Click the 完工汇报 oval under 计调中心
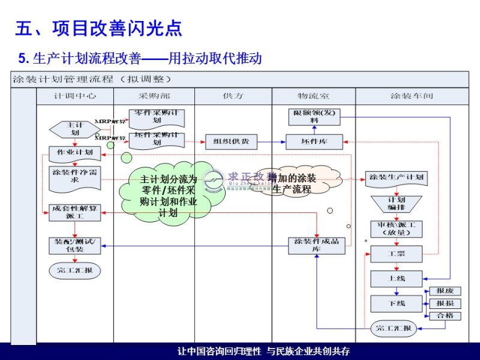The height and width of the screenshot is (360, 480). click(74, 271)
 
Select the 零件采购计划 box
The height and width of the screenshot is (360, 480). click(157, 116)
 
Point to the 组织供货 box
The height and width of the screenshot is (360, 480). click(231, 142)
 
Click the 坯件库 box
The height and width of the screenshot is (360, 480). click(314, 142)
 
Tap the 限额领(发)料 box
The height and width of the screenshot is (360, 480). click(314, 116)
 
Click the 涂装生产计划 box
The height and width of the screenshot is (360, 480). click(397, 178)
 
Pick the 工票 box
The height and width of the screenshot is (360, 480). click(397, 254)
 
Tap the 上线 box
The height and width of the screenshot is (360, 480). click(397, 279)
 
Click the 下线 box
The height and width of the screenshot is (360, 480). click(397, 304)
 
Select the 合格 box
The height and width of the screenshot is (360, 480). click(445, 316)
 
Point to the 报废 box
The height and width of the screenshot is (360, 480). click(445, 291)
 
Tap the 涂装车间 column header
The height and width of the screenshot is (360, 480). click(412, 96)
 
